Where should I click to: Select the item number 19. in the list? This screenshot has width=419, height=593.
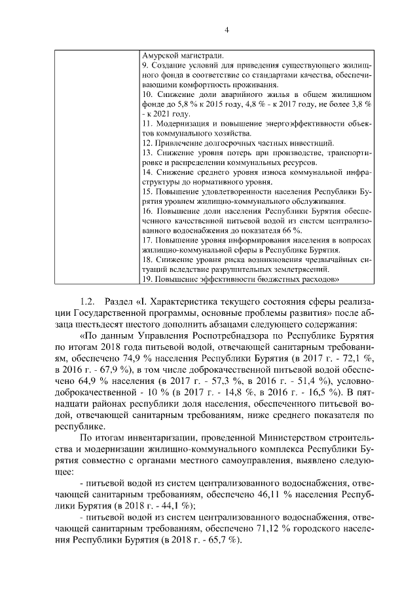point(147,279)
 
